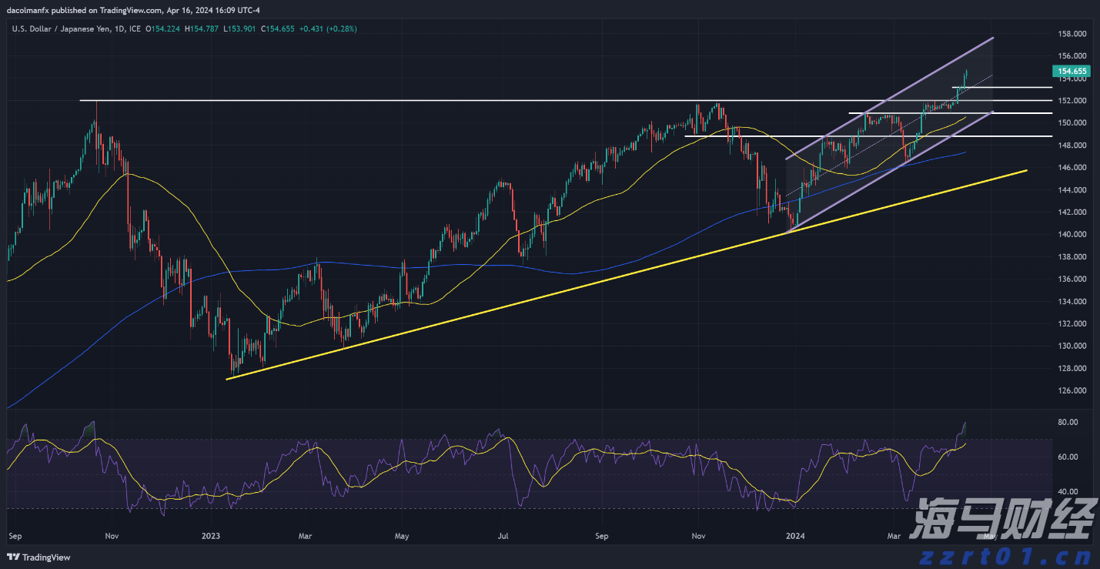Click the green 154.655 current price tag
click(1070, 71)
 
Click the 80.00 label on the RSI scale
click(1067, 422)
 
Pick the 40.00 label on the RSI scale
click(1067, 491)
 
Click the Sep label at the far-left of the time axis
click(15, 535)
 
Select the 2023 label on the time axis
click(210, 535)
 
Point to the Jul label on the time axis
click(503, 535)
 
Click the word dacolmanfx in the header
click(32, 10)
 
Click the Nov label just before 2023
click(112, 535)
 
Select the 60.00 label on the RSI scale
click(1067, 457)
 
